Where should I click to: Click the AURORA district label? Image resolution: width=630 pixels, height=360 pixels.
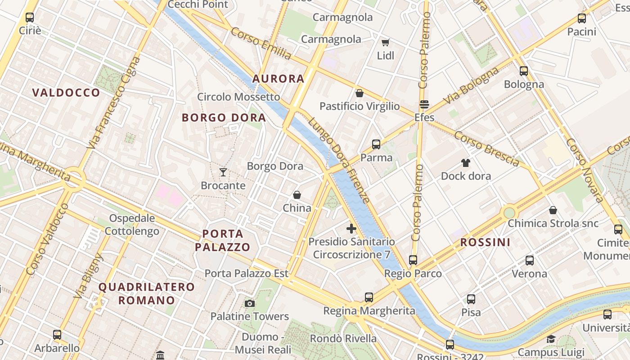278,79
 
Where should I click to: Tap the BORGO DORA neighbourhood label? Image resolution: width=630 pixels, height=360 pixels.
224,118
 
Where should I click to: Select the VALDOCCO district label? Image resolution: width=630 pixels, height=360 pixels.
66,93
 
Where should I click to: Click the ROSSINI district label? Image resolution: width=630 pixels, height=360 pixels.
485,243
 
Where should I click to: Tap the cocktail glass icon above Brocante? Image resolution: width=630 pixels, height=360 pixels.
223,172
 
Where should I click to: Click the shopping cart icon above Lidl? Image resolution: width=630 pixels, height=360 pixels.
385,42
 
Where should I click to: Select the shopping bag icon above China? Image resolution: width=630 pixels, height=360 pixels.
297,195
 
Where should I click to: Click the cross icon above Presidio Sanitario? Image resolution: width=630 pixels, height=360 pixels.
351,229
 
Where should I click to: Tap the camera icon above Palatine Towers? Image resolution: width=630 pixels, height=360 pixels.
250,304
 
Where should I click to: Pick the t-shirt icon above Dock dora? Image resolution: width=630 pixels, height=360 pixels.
465,163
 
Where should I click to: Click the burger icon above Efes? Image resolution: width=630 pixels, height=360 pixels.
424,104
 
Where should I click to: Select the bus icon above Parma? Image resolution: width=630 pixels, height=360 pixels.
376,144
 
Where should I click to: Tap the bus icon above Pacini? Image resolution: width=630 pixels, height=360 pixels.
582,18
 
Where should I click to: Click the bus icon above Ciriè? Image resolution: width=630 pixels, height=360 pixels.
30,18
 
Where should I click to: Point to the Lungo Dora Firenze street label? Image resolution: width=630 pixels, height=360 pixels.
338,160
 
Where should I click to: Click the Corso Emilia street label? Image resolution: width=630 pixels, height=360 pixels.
261,44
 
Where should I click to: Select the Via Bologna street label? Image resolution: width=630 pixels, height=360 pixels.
471,86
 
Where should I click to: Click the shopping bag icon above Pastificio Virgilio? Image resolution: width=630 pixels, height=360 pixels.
360,93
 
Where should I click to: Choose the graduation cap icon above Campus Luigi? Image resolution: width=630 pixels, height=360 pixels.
551,339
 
